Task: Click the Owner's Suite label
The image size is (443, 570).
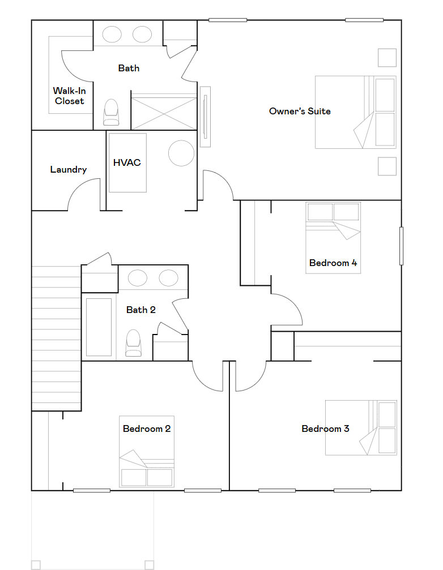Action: (300, 112)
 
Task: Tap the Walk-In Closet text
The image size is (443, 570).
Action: (70, 96)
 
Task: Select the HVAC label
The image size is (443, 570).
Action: (127, 162)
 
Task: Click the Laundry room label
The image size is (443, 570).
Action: (69, 170)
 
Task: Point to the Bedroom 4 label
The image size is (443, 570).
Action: (333, 263)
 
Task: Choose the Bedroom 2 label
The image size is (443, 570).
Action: (147, 429)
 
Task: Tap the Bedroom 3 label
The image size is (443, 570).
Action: (326, 429)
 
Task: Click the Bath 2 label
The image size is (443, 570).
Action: (140, 310)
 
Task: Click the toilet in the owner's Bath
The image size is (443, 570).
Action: (111, 112)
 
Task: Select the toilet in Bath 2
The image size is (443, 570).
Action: (133, 343)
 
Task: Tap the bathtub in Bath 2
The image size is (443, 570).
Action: (99, 327)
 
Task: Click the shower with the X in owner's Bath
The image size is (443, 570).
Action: (164, 112)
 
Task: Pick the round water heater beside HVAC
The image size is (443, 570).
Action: (181, 153)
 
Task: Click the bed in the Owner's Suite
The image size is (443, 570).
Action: (355, 112)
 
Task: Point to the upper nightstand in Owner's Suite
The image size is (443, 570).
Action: (387, 58)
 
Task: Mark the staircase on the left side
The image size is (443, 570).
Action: (57, 338)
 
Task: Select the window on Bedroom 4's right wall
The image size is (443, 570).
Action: (402, 246)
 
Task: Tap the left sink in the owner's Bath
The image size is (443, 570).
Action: (112, 35)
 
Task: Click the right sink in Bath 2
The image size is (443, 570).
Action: (168, 278)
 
